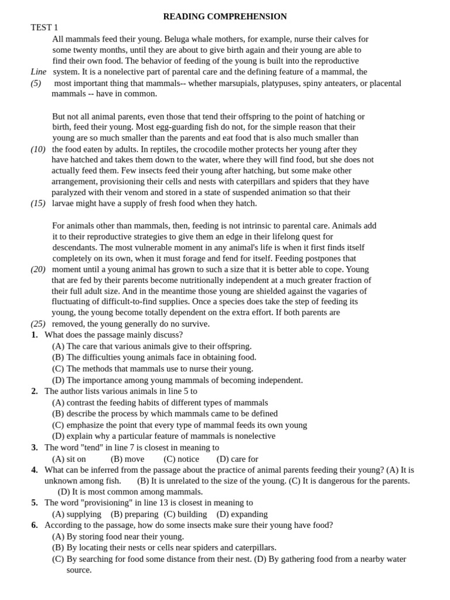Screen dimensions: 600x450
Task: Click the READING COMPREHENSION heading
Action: (x=225, y=16)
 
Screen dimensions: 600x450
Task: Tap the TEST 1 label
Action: (x=45, y=28)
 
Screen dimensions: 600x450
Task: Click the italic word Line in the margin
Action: (x=39, y=71)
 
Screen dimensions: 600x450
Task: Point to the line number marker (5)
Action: (x=36, y=83)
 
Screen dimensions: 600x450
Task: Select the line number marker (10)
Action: (x=38, y=149)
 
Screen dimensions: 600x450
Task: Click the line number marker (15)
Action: (x=38, y=203)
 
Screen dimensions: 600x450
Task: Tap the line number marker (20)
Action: (x=38, y=270)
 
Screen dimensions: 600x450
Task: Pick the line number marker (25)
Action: (x=38, y=324)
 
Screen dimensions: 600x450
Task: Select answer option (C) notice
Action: (x=182, y=459)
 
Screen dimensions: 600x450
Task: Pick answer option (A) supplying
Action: (x=77, y=514)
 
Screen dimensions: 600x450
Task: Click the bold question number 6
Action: (x=35, y=525)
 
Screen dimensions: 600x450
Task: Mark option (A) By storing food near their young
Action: (x=118, y=536)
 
